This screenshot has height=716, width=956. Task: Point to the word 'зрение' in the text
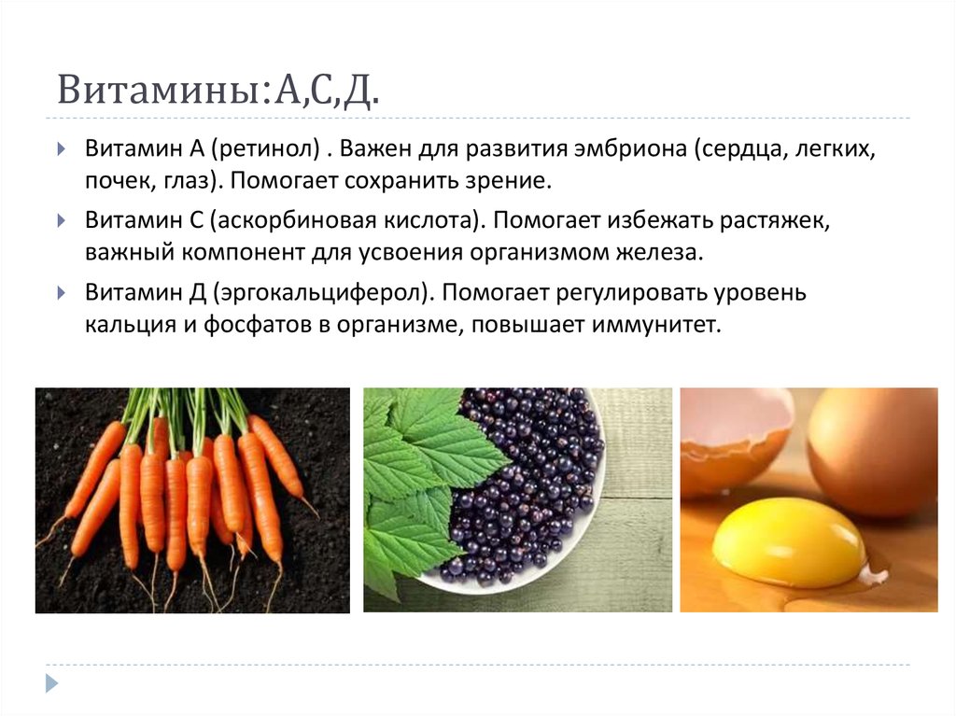[507, 178]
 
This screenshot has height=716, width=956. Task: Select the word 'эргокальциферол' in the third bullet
[322, 294]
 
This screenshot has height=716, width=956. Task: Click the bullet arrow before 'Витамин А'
[61, 150]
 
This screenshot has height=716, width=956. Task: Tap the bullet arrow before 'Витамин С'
[61, 222]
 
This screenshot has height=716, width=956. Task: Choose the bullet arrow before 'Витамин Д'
[61, 294]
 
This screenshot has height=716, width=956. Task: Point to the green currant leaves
[411, 476]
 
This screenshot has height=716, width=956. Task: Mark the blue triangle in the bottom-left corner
[52, 683]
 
